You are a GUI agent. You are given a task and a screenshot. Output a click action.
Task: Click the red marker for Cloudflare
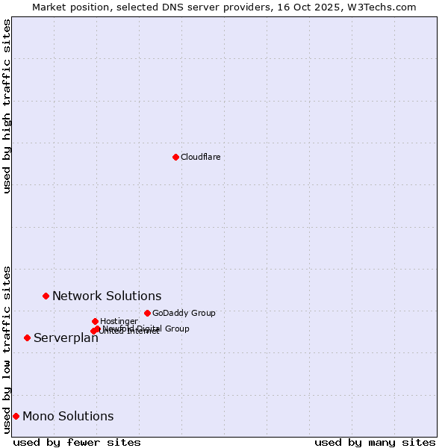coord(175,157)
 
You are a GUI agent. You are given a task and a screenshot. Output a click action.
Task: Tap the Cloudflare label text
coord(200,157)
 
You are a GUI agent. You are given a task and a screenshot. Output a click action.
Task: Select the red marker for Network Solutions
coord(46,296)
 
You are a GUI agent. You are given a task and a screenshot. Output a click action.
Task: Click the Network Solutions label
coord(107,296)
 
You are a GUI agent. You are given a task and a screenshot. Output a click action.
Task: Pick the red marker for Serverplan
coord(27,337)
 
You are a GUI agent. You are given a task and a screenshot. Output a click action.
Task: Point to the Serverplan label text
coord(66,337)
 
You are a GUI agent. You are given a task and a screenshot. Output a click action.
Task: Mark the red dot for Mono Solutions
coord(16,416)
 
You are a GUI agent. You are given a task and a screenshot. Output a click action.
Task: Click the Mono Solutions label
coord(68,416)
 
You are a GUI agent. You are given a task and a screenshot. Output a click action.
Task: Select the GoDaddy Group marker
coord(147,313)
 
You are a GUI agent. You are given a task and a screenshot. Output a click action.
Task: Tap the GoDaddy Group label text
coord(184,313)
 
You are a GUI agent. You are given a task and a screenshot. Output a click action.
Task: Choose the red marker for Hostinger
coord(95,321)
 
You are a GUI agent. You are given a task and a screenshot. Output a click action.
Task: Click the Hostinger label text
coord(119,321)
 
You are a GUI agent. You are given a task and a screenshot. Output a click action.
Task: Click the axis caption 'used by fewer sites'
coord(77,442)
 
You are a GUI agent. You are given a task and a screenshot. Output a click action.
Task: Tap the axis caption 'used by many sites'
coord(375,442)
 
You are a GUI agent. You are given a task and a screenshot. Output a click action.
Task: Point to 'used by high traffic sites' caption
coord(7,106)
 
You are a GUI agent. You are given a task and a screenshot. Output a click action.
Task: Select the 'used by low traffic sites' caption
coord(7,349)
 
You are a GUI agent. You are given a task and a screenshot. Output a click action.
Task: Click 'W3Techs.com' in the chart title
coord(386,7)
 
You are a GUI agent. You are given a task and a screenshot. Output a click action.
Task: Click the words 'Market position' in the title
coord(68,7)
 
